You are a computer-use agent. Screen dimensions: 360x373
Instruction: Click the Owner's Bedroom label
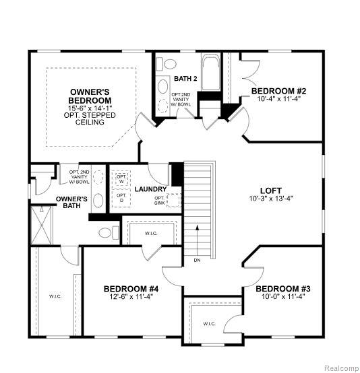pyautogui.click(x=90, y=96)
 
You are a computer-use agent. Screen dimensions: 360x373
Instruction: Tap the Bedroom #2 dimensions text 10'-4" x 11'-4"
pyautogui.click(x=278, y=98)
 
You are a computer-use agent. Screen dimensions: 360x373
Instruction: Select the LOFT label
pyautogui.click(x=271, y=191)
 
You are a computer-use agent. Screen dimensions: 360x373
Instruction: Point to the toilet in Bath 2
pyautogui.click(x=167, y=64)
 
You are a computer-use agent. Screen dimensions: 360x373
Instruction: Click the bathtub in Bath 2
pyautogui.click(x=210, y=72)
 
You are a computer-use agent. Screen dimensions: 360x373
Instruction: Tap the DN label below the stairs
pyautogui.click(x=197, y=261)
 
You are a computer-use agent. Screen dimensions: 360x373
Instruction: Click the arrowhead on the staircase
pyautogui.click(x=197, y=227)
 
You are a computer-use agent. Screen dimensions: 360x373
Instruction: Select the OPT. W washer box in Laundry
pyautogui.click(x=121, y=178)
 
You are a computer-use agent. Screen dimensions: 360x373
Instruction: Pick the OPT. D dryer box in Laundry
pyautogui.click(x=121, y=198)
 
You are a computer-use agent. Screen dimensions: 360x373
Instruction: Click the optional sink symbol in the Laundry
pyautogui.click(x=174, y=200)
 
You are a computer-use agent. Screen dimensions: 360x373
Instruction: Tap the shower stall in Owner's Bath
pyautogui.click(x=41, y=225)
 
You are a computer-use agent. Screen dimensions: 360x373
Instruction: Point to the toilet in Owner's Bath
pyautogui.click(x=109, y=232)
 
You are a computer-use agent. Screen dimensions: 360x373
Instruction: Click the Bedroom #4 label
pyautogui.click(x=131, y=289)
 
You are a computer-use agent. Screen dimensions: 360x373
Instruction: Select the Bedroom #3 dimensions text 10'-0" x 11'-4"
pyautogui.click(x=283, y=296)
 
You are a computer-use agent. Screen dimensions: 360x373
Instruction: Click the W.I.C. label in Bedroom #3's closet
pyautogui.click(x=210, y=324)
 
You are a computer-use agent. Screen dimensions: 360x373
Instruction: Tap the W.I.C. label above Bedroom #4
pyautogui.click(x=151, y=234)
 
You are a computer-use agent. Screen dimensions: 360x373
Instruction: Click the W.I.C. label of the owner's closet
pyautogui.click(x=55, y=296)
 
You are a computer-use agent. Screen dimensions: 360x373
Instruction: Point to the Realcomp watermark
pyautogui.click(x=342, y=368)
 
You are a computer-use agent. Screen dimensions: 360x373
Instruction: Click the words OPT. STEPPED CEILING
pyautogui.click(x=90, y=118)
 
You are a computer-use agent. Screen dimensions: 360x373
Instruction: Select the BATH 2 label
pyautogui.click(x=185, y=79)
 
